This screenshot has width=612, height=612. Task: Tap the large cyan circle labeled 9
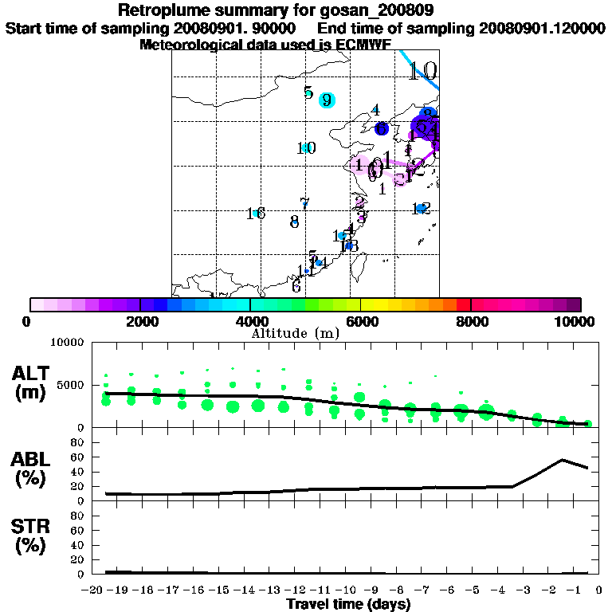(x=326, y=100)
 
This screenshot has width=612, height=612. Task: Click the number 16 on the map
(x=255, y=214)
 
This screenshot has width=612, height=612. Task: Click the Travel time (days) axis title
(x=349, y=604)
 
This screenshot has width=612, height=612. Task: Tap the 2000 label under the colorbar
(x=140, y=321)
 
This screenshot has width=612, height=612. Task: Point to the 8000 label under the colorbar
(x=471, y=321)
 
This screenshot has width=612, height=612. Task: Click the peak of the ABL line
(x=562, y=460)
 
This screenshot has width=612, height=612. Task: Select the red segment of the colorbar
(x=463, y=304)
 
